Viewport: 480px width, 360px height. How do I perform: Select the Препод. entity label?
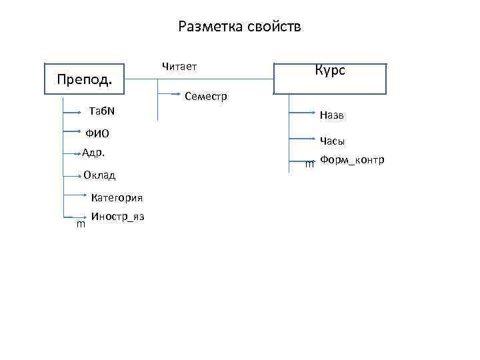click(x=84, y=80)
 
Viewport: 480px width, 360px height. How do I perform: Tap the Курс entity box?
click(x=330, y=78)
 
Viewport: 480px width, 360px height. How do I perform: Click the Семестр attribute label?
click(x=206, y=97)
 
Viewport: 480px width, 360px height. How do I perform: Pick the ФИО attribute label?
click(x=97, y=133)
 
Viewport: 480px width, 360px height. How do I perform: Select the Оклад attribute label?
click(x=99, y=175)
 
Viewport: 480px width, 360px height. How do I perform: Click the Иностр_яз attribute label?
click(x=118, y=217)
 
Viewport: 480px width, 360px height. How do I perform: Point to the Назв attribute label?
click(x=331, y=115)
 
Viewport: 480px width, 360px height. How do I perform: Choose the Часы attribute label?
click(x=332, y=141)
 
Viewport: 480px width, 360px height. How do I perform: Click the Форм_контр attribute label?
click(x=352, y=160)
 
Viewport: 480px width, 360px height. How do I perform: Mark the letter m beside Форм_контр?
click(x=309, y=164)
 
